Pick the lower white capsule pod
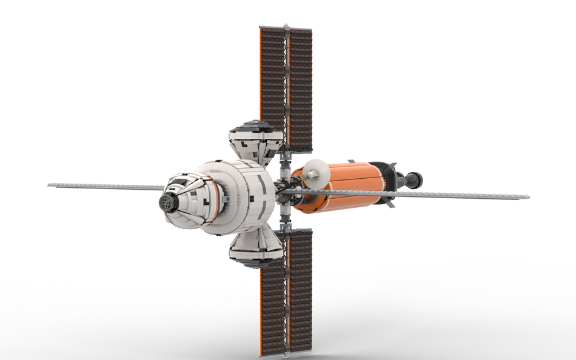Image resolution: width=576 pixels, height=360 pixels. click(x=255, y=249)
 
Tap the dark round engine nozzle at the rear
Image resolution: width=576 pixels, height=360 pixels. click(x=414, y=179)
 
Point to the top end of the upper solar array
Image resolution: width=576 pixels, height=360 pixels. click(x=286, y=27)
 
